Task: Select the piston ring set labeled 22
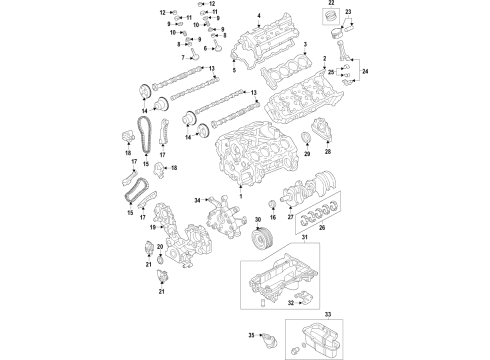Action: (327, 22)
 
